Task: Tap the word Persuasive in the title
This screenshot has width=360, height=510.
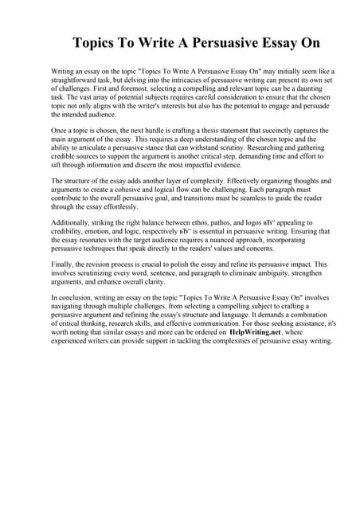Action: click(231, 43)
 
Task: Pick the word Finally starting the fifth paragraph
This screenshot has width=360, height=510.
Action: click(65, 264)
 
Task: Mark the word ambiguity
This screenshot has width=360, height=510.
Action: click(276, 273)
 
